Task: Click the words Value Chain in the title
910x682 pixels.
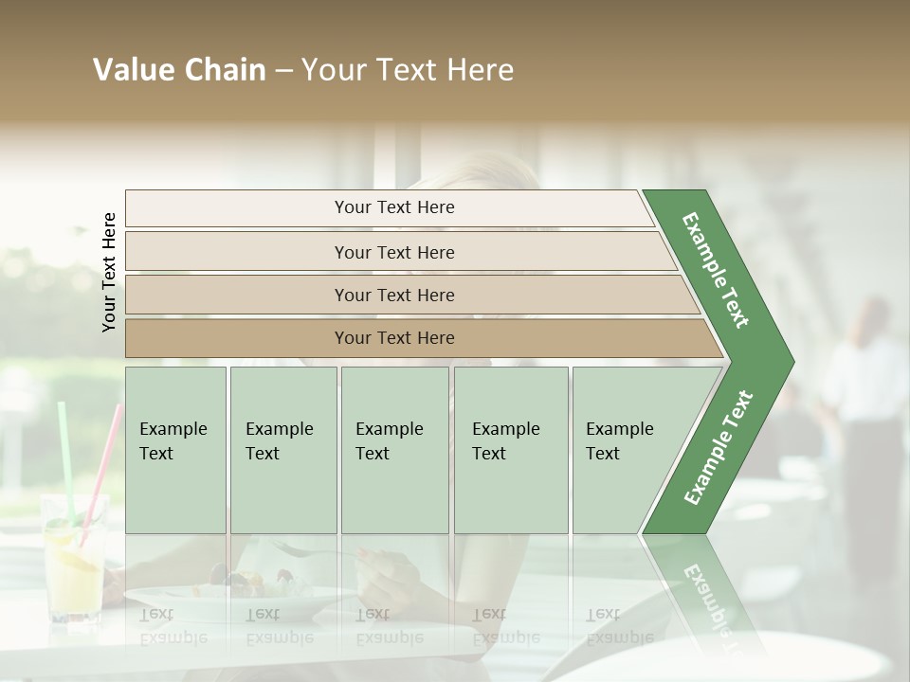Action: click(179, 70)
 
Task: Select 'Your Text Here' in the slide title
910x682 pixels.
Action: click(408, 70)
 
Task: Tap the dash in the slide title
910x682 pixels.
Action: click(283, 71)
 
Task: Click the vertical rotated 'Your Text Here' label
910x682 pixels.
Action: click(109, 272)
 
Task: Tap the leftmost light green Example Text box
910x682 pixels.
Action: click(175, 449)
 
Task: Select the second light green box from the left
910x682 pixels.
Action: click(283, 449)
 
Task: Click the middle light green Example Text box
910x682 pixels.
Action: click(394, 449)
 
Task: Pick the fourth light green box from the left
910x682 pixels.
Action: click(511, 449)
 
